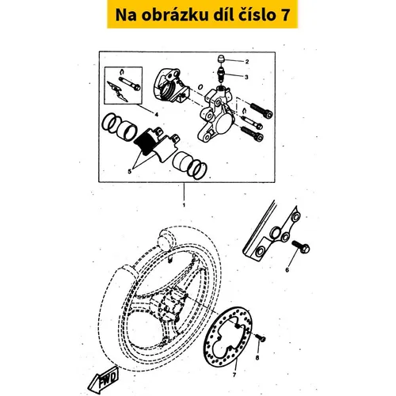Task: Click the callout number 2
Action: pos(247,62)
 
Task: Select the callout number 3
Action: pos(246,77)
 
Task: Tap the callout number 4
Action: pos(156,115)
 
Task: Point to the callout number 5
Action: pos(129,172)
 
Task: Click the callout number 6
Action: pos(287,270)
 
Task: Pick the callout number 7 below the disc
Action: pos(234,375)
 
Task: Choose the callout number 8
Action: pos(257,358)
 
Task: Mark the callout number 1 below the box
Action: pos(184,205)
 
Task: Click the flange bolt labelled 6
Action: pos(300,247)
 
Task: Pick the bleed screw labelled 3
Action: pos(220,75)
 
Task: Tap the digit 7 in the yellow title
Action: pos(284,15)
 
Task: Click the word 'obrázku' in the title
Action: pos(174,15)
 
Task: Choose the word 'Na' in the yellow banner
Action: pos(126,15)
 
